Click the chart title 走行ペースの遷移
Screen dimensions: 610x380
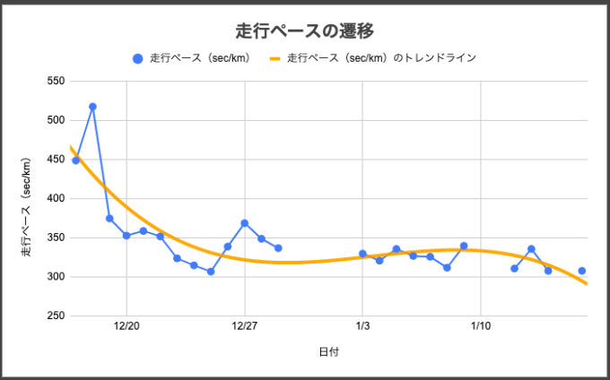coord(305,31)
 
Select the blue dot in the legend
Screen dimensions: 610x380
coord(138,58)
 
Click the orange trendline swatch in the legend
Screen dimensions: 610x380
coord(275,58)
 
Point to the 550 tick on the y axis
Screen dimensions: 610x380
coord(56,82)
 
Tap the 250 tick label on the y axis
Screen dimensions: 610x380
coord(56,315)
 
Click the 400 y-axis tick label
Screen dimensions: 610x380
coord(56,199)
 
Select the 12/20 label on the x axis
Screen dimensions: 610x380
coord(126,326)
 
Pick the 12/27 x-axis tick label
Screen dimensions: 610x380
coord(245,326)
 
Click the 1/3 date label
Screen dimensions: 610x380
coord(362,326)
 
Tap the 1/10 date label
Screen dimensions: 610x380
coord(481,326)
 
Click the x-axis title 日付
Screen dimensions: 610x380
coord(329,352)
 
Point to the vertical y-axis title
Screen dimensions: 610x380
coord(26,207)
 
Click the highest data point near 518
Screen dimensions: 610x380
coord(92,107)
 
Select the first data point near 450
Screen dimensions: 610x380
coord(76,160)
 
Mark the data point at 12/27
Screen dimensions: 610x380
coord(245,223)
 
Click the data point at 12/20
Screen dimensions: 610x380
coord(126,236)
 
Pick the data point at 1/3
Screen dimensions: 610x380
coord(362,254)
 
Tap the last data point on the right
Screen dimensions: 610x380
coord(582,271)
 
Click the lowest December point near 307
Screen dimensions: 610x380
coord(211,272)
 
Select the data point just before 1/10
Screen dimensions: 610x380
coord(464,246)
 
